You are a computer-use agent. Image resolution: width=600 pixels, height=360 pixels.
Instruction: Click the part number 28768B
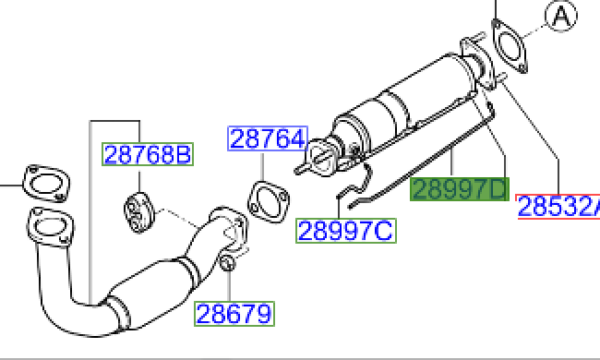coord(148,154)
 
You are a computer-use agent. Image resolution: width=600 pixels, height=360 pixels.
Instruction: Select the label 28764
coord(267,139)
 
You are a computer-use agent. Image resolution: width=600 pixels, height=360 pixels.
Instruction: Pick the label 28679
coord(234,314)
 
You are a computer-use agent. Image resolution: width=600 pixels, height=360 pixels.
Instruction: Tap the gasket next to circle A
coord(508,50)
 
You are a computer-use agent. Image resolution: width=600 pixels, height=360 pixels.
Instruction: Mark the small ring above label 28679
coord(227,264)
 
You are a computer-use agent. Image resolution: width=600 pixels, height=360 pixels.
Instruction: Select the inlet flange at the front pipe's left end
coord(48,228)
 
